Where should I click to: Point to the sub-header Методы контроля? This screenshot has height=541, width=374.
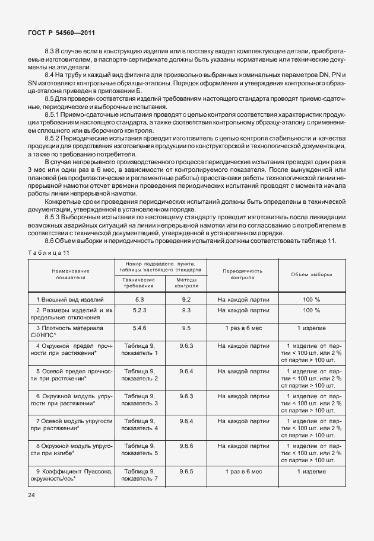tap(186, 282)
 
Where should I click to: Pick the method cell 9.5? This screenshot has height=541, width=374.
tap(186, 328)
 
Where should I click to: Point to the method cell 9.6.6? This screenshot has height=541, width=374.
tap(186, 445)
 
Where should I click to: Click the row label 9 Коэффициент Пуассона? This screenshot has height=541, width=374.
tap(71, 475)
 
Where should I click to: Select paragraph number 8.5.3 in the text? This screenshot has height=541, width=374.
tap(55, 217)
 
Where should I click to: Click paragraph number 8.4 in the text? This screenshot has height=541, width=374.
tap(50, 76)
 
